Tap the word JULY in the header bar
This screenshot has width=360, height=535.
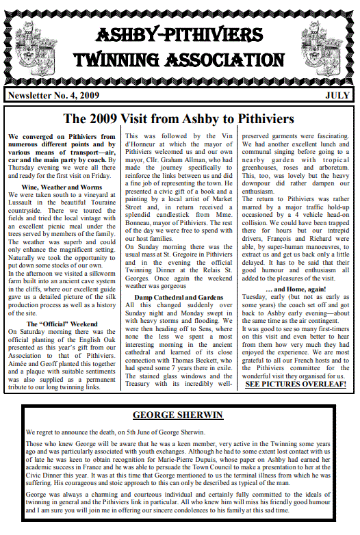point(338,95)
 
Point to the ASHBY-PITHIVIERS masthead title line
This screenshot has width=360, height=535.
point(179,34)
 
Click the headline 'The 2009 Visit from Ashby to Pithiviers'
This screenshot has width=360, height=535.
point(179,119)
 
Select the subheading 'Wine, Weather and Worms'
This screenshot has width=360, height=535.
point(62,187)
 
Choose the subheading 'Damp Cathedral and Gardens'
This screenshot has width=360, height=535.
point(179,298)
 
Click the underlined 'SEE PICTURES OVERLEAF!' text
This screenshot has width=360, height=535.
point(295,384)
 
